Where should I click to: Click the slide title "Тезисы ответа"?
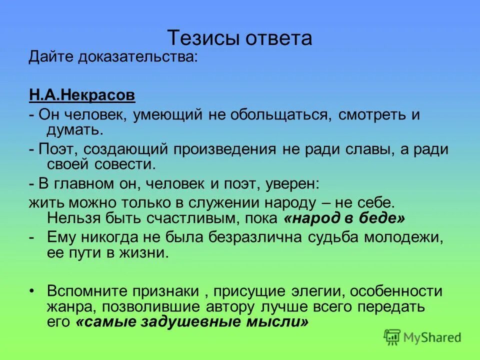239,38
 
